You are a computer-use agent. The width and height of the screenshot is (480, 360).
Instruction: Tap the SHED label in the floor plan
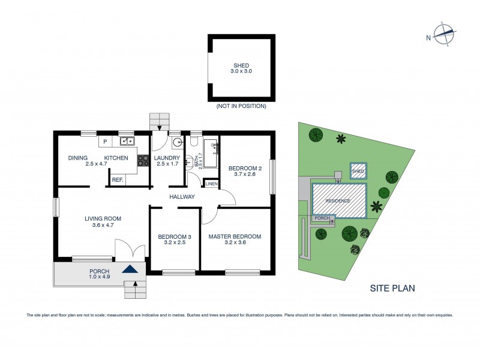click(x=241, y=65)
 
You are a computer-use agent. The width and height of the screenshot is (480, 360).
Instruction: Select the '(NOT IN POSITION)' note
click(x=241, y=106)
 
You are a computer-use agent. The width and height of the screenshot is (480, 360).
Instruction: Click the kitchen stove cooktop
click(x=143, y=160)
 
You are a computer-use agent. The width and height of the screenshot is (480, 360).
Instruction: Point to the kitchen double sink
click(x=127, y=142)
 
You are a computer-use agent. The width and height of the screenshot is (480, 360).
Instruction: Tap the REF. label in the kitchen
click(x=118, y=179)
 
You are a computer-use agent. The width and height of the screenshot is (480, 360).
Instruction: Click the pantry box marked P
click(x=104, y=142)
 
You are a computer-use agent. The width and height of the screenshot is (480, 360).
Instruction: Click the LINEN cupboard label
click(x=211, y=184)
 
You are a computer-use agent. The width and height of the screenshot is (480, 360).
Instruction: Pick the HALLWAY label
click(x=182, y=197)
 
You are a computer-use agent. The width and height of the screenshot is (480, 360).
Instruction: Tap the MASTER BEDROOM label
click(x=235, y=236)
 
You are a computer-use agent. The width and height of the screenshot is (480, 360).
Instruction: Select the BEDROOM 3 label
click(x=175, y=237)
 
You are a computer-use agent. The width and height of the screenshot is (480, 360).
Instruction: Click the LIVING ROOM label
click(x=100, y=218)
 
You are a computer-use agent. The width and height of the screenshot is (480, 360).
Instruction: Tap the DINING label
click(x=78, y=158)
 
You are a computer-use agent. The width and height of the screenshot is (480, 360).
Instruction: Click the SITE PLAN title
click(x=392, y=288)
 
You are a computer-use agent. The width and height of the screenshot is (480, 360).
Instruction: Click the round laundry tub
click(x=177, y=143)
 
